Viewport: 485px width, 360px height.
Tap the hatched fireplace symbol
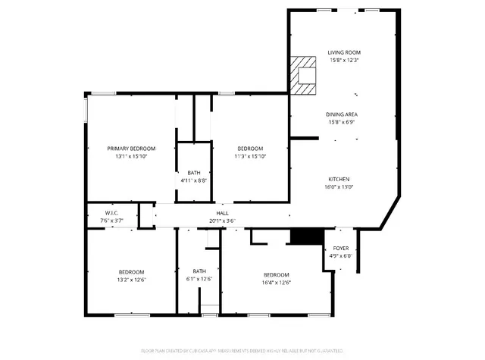(306, 75)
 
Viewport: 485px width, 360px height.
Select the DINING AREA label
(343, 114)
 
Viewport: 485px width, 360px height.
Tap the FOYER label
(341, 248)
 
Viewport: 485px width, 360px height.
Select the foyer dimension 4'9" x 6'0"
(341, 255)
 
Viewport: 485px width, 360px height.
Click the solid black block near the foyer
(302, 236)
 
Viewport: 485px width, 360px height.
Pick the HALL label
(223, 214)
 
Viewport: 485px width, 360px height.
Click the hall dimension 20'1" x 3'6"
(223, 221)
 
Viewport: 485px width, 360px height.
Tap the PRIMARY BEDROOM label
(131, 149)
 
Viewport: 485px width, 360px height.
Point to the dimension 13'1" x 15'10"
(131, 157)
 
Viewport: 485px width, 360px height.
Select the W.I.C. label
(111, 213)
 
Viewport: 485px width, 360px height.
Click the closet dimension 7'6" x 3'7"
(111, 221)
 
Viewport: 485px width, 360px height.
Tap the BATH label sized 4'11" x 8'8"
(194, 173)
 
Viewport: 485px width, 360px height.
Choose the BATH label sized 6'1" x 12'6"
(199, 271)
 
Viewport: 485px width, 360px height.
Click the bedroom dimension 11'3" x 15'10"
(250, 157)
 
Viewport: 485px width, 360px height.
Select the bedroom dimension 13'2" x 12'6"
(131, 280)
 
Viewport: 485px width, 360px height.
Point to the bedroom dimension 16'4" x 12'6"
(276, 283)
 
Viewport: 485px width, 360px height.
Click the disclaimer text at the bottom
(242, 351)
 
